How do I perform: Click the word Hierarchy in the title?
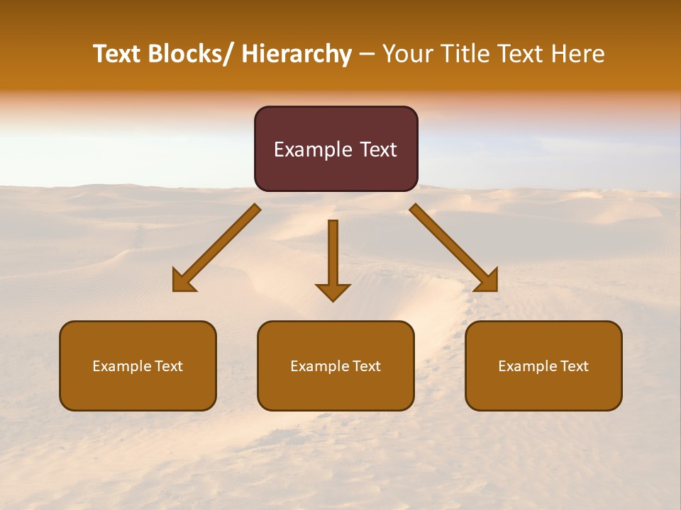click(297, 55)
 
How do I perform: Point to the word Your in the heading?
click(406, 55)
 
